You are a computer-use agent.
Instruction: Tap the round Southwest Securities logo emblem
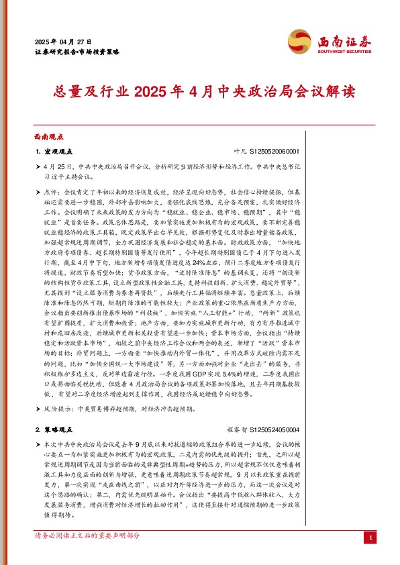pos(299,40)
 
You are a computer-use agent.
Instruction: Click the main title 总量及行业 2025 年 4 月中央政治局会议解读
pos(199,91)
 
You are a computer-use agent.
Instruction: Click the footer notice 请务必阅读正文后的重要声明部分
pos(87,555)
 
